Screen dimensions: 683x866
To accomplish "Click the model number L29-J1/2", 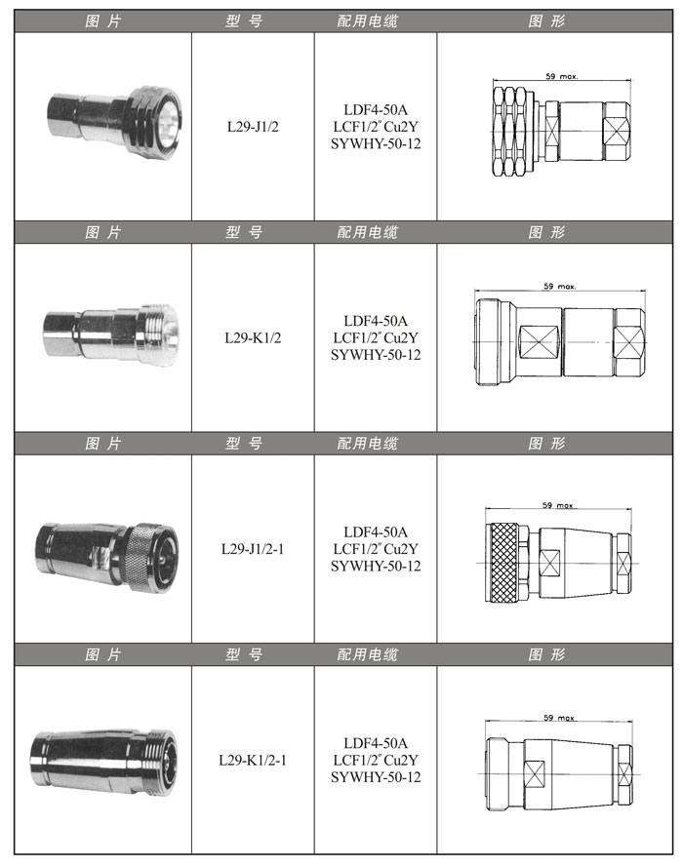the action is click(253, 127).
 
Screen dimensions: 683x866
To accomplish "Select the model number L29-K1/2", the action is click(253, 337).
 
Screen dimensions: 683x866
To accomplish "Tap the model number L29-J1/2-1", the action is click(253, 548).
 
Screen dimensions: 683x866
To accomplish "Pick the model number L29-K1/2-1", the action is click(253, 760).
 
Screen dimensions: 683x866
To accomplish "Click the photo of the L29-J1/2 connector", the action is click(114, 120).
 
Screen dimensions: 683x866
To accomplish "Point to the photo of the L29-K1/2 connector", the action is click(111, 335).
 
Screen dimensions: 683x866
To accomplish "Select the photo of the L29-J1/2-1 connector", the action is click(106, 558).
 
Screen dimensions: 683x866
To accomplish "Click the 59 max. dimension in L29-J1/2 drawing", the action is click(561, 76).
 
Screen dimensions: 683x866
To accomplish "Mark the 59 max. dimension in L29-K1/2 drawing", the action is click(560, 286).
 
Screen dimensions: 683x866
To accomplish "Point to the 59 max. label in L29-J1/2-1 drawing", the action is click(558, 505).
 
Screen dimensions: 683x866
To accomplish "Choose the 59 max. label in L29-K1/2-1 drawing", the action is click(559, 718).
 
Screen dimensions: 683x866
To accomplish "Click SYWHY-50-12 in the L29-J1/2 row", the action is click(376, 143).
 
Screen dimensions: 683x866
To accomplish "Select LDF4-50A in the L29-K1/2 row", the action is click(376, 320).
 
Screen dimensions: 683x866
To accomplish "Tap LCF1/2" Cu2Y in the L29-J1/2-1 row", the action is click(376, 548).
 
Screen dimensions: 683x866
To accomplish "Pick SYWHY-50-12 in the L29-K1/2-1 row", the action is click(376, 777).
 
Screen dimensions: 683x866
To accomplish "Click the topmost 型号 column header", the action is click(244, 21).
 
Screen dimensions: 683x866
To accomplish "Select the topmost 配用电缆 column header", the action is click(368, 21).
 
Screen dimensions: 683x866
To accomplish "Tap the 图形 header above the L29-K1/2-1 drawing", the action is click(546, 654).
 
